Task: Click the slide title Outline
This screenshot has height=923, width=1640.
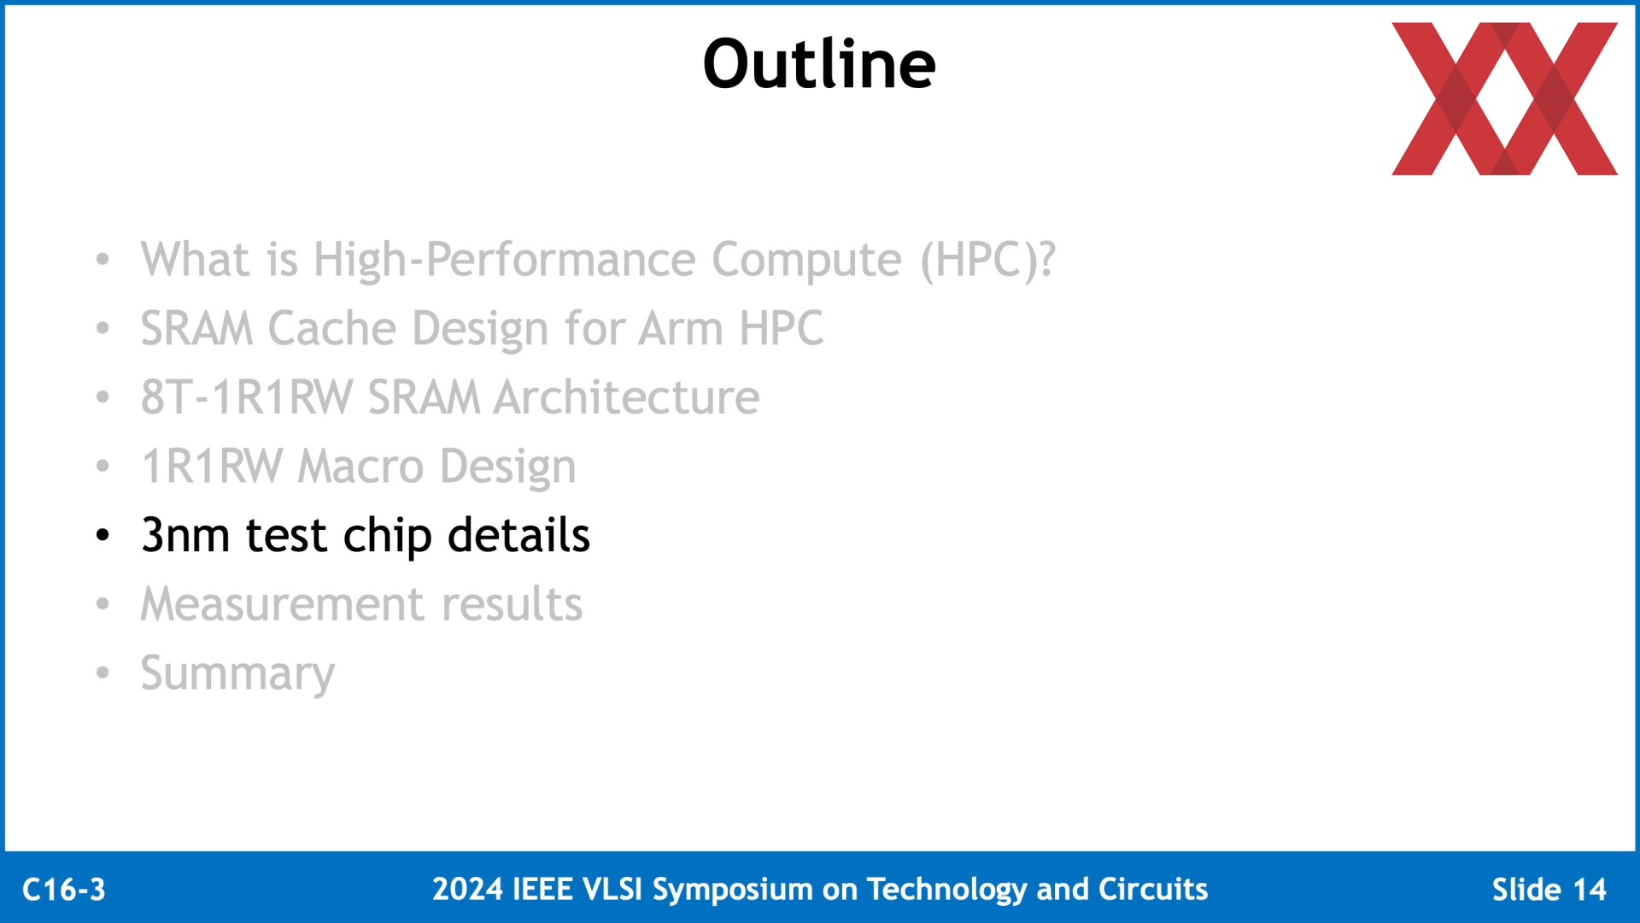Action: (x=819, y=64)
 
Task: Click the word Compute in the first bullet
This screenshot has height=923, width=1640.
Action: (x=806, y=261)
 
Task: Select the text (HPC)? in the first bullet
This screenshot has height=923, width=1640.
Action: (x=987, y=260)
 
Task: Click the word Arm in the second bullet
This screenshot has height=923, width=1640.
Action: (x=682, y=328)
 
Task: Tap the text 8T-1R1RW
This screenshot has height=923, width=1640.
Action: (x=247, y=397)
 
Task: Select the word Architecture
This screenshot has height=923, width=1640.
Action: (x=627, y=397)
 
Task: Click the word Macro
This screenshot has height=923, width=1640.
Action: (x=360, y=467)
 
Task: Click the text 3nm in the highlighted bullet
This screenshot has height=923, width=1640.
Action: (x=185, y=536)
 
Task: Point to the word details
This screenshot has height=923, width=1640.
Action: (x=518, y=536)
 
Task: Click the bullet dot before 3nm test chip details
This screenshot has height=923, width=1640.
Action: (x=103, y=536)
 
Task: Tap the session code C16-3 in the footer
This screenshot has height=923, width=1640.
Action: (x=64, y=890)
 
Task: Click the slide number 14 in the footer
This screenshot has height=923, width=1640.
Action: (x=1589, y=890)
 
